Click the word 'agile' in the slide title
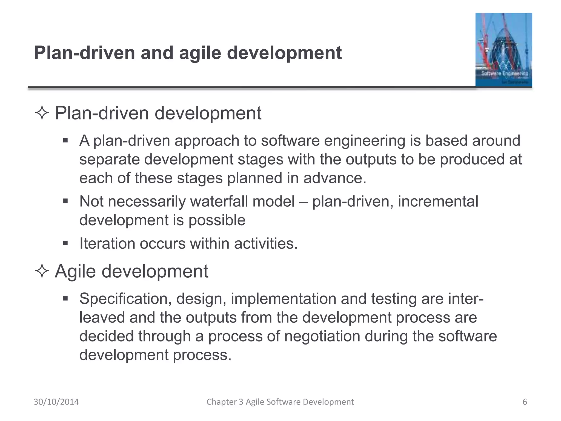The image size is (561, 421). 200,53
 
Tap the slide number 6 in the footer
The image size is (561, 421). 525,402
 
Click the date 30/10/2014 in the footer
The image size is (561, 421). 56,402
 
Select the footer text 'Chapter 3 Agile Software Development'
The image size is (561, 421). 280,402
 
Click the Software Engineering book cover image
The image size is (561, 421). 503,50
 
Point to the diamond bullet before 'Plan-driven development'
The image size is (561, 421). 42,113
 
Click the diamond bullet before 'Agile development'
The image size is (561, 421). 42,271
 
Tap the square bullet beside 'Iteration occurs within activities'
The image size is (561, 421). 65,243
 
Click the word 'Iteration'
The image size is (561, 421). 107,243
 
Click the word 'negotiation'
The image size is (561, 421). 322,336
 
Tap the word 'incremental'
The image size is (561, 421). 438,201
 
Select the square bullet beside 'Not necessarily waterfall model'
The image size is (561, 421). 65,201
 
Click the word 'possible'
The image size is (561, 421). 217,220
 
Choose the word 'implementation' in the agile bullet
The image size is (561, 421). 284,299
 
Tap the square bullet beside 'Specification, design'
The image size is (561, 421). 65,298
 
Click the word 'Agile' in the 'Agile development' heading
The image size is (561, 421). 72,272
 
